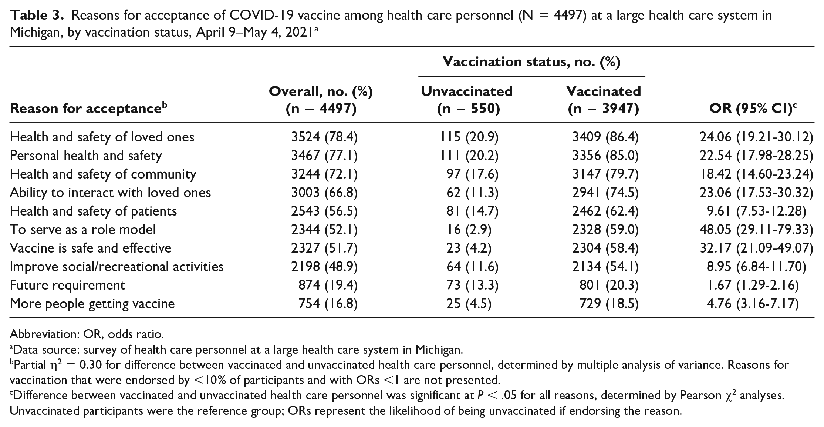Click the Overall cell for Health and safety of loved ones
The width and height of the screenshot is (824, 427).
[324, 137]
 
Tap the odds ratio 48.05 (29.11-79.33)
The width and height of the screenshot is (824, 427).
[756, 230]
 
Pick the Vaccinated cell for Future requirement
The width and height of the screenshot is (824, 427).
[609, 285]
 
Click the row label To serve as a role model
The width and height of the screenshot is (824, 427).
[83, 230]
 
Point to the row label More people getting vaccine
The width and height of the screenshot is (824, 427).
[92, 304]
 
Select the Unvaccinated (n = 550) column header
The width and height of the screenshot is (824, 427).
[467, 100]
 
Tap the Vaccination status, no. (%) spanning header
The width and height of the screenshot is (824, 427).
[531, 62]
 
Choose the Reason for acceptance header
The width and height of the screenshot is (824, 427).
[89, 109]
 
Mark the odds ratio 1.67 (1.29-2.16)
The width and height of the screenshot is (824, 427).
[749, 285]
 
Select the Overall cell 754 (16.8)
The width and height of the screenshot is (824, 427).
[328, 304]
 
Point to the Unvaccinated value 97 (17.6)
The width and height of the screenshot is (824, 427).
[472, 174]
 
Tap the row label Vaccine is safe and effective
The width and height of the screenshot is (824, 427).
[91, 248]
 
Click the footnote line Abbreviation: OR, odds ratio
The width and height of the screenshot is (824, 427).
[87, 334]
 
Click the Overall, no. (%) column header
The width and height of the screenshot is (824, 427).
[321, 100]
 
